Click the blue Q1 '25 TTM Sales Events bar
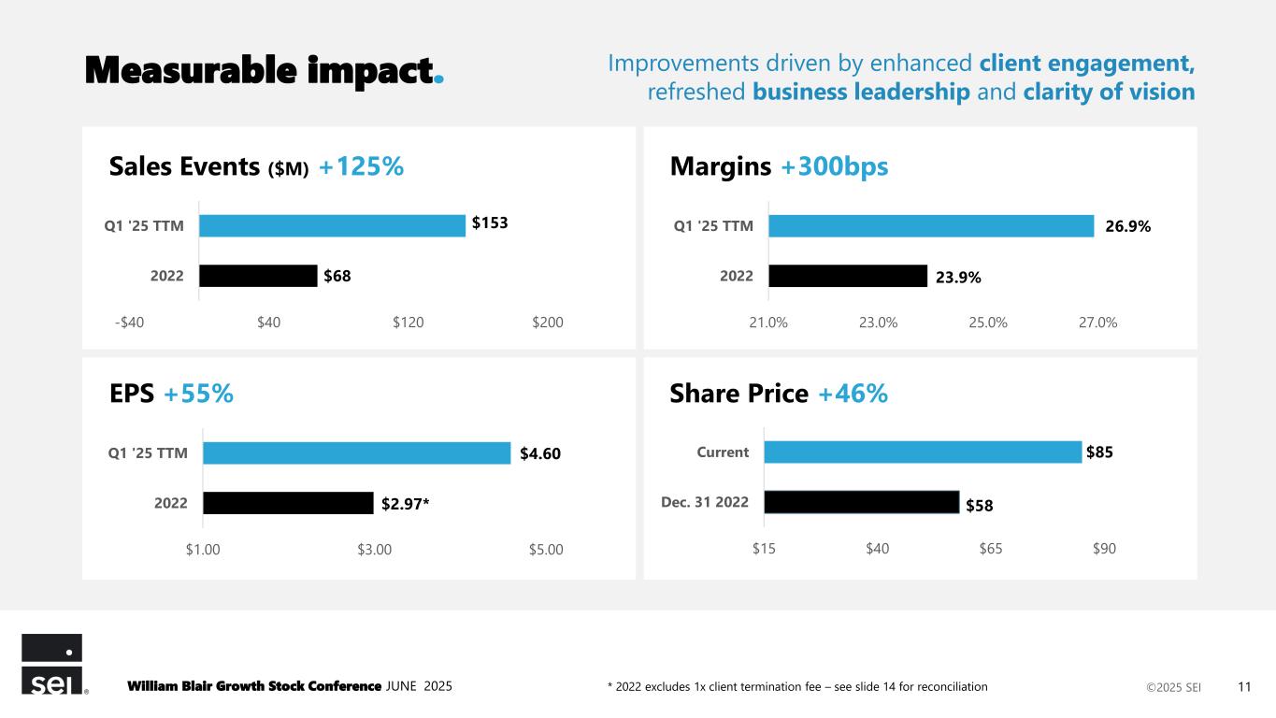click(x=332, y=225)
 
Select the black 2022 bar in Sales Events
click(x=258, y=276)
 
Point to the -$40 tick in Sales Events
click(x=129, y=323)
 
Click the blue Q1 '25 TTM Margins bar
click(x=930, y=226)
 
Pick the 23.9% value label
click(x=958, y=277)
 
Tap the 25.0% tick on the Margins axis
click(x=988, y=323)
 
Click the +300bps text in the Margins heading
click(x=834, y=167)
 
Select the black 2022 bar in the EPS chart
click(x=288, y=503)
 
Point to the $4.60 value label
click(x=540, y=454)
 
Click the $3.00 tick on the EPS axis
click(x=374, y=549)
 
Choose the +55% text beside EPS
click(x=198, y=395)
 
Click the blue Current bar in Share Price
click(x=922, y=452)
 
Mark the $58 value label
click(x=979, y=506)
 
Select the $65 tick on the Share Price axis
click(x=991, y=549)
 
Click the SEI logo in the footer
click(x=52, y=665)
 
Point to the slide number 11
click(x=1244, y=687)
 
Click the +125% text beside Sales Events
click(x=361, y=167)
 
